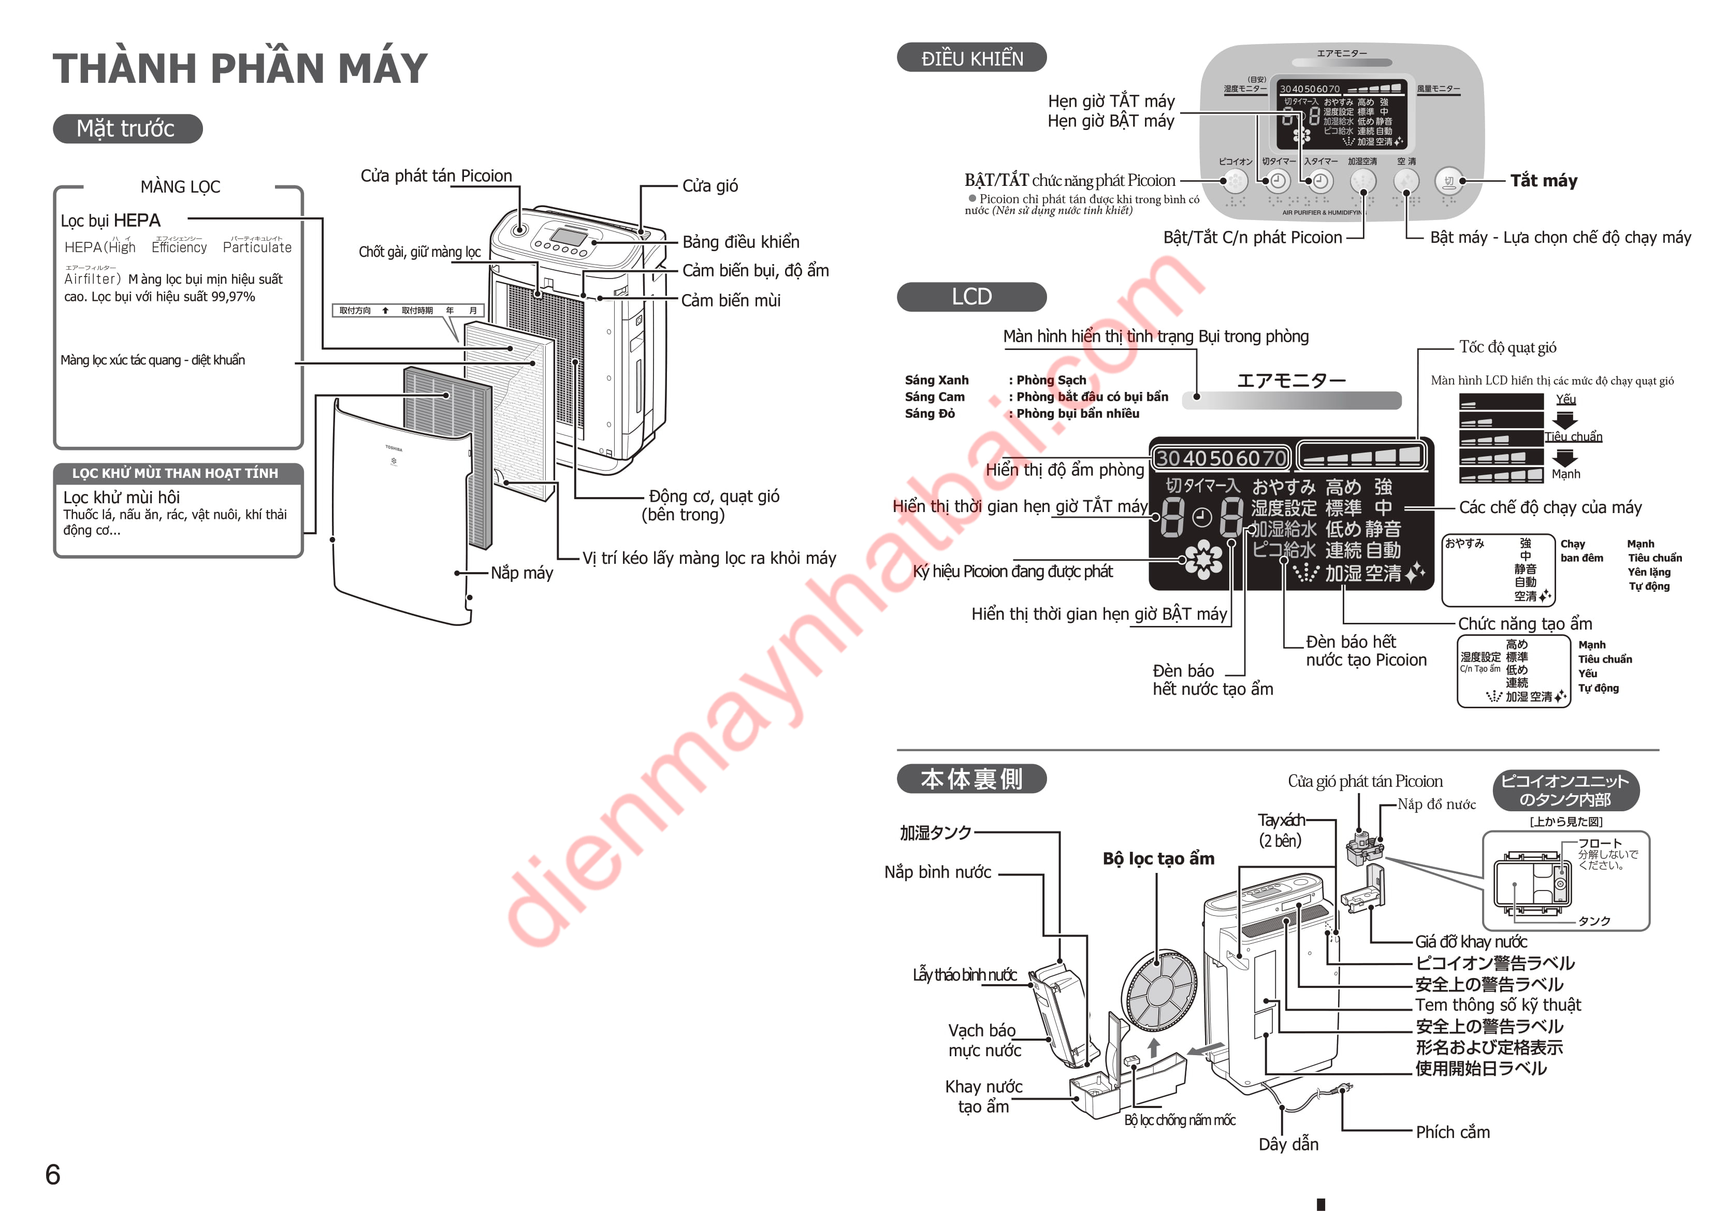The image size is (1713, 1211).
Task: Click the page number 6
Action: coord(52,1174)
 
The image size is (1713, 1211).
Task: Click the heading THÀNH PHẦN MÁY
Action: coord(240,69)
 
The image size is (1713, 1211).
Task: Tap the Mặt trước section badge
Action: coord(127,128)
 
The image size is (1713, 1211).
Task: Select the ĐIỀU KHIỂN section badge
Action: coord(971,58)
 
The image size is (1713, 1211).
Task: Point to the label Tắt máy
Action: coord(1543,181)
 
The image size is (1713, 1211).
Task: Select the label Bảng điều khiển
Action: coord(740,242)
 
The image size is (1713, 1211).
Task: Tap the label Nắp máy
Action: coord(521,573)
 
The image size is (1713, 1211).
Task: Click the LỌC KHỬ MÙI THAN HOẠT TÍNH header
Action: coord(176,473)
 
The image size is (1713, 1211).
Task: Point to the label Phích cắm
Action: coord(1452,1132)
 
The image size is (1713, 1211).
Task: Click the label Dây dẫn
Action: coord(1288,1144)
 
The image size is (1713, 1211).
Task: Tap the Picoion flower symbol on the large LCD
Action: coord(1203,560)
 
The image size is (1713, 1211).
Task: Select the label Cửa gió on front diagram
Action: coord(709,186)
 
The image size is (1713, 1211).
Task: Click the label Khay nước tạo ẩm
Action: coord(983,1096)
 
